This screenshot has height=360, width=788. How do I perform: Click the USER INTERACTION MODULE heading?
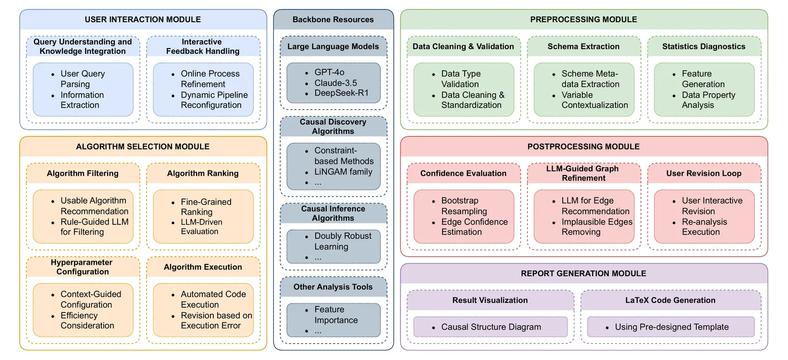(143, 19)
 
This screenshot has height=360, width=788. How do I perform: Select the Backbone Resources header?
(333, 19)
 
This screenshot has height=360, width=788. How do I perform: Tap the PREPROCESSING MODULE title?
(584, 19)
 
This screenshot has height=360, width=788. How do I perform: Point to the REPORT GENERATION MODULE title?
(584, 273)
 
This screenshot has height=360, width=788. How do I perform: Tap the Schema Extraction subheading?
(584, 47)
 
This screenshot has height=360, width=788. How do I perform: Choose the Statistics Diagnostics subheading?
(704, 47)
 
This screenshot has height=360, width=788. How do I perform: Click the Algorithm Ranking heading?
(203, 174)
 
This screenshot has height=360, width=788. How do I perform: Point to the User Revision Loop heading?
(704, 174)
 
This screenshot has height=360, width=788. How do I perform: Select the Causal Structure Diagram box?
(491, 327)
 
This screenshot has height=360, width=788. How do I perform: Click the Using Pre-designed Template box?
(671, 327)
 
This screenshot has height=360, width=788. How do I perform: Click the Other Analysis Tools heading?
(333, 287)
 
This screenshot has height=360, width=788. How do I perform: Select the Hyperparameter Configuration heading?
(82, 267)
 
